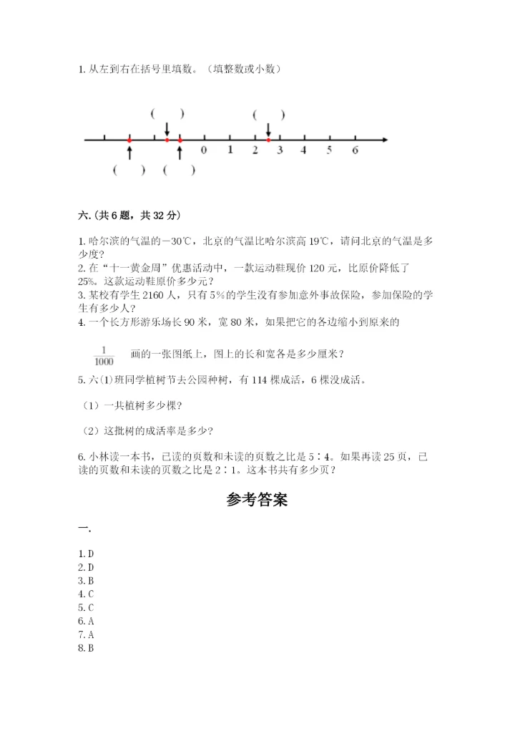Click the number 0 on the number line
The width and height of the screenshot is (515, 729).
tap(204, 150)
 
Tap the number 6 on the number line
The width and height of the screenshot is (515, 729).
tap(355, 150)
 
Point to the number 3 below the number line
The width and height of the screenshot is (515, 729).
tap(280, 150)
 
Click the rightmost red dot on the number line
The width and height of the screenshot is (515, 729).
tap(268, 139)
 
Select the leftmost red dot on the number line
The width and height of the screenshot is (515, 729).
tap(129, 139)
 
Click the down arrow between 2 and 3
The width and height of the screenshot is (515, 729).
tap(268, 129)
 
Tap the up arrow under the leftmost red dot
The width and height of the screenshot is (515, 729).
tap(129, 152)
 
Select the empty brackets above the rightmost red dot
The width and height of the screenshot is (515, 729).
tap(269, 114)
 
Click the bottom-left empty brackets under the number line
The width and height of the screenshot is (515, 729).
tap(129, 170)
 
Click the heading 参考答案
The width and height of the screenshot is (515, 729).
tap(257, 500)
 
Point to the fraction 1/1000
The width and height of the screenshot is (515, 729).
tap(104, 355)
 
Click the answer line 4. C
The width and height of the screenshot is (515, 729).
tap(87, 594)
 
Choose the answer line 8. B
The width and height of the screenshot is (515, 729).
tap(87, 648)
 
